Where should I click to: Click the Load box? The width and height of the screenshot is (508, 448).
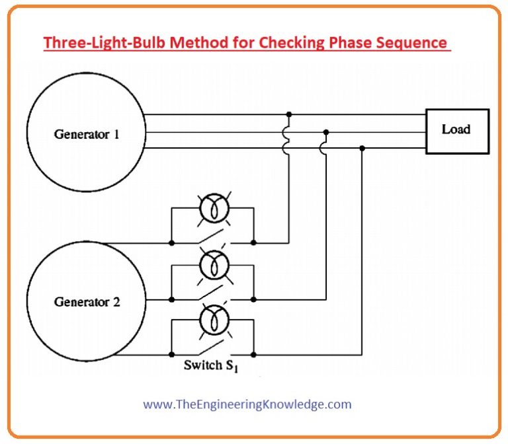[456, 131]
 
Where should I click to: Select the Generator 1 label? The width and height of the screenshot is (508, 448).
[87, 134]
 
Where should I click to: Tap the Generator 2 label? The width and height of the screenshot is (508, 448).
[87, 303]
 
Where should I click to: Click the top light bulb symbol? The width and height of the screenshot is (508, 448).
[212, 207]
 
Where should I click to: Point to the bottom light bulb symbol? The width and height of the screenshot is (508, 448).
[212, 320]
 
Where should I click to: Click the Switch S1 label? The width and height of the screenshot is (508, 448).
[210, 365]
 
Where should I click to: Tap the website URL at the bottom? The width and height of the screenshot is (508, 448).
[247, 404]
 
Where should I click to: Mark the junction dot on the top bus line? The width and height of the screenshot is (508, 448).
[288, 114]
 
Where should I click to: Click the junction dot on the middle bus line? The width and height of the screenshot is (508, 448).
[325, 131]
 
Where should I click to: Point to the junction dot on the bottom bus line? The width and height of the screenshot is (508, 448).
[362, 148]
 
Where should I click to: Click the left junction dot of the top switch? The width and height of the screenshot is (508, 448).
[171, 243]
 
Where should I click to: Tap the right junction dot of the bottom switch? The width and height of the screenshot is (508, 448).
[254, 355]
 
